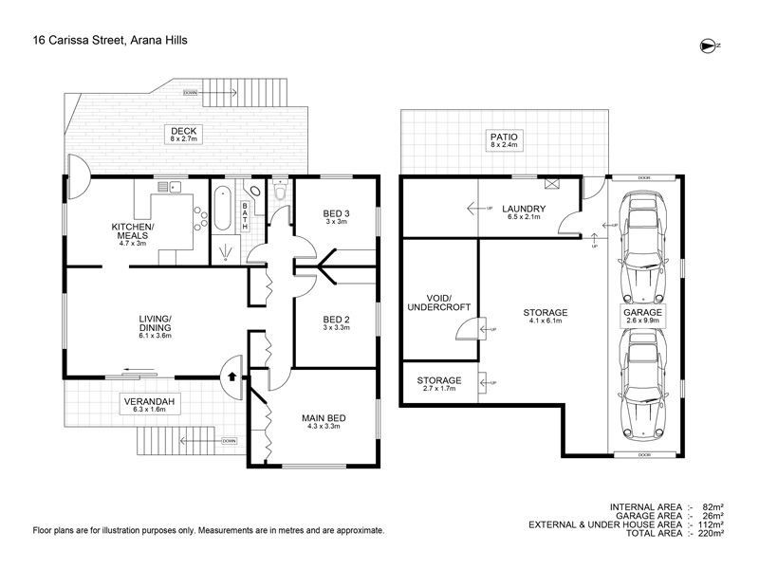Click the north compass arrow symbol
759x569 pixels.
[x=710, y=46]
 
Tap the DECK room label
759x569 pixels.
[x=183, y=131]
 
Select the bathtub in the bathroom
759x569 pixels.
[x=222, y=208]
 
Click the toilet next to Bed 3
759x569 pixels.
[x=280, y=191]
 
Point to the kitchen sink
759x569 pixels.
[x=170, y=187]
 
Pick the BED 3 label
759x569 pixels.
[x=337, y=213]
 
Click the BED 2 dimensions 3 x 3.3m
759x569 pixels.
[x=337, y=327]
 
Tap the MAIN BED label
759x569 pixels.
[x=324, y=418]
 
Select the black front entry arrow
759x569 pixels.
[x=231, y=376]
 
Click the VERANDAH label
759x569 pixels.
[x=149, y=401]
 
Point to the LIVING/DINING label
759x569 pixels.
[x=155, y=323]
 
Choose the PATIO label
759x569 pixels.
[x=504, y=137]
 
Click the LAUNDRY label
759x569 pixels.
[x=524, y=209]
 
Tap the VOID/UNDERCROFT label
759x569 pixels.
[x=439, y=303]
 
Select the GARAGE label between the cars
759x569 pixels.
[x=642, y=312]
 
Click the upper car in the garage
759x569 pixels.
[x=644, y=247]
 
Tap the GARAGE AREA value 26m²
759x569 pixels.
[x=713, y=516]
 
